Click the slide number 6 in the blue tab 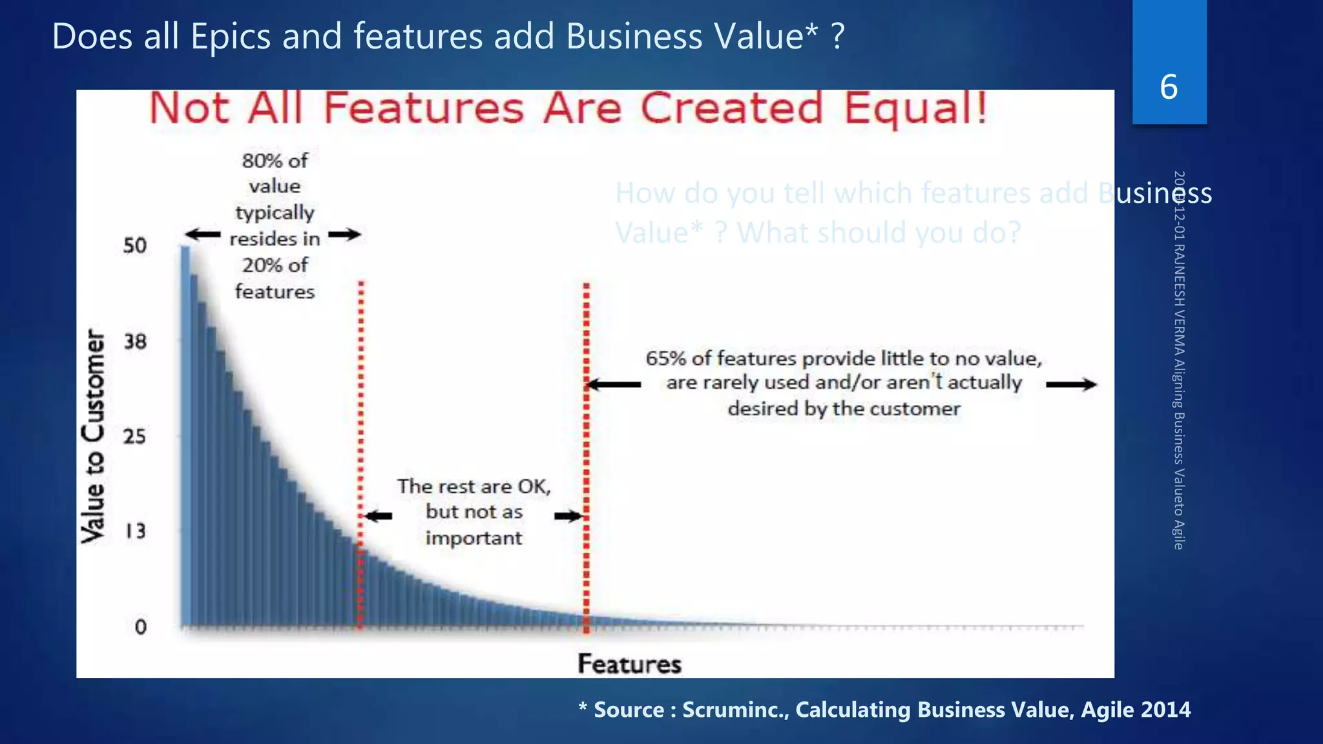(x=1169, y=87)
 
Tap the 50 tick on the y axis (x=135, y=245)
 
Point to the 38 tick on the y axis (x=135, y=341)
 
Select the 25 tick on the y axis (x=135, y=437)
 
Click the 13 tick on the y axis (x=135, y=532)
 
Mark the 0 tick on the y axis (x=140, y=626)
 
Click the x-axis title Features (x=629, y=664)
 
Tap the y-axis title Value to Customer (x=94, y=437)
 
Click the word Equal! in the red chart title (x=915, y=108)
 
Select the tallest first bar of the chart (x=185, y=436)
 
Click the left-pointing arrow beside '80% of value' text (x=203, y=234)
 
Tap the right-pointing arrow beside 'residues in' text (x=344, y=234)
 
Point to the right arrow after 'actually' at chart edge (x=1071, y=385)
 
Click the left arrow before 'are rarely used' (x=614, y=385)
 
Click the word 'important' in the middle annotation (x=474, y=538)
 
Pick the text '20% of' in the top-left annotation (x=275, y=265)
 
